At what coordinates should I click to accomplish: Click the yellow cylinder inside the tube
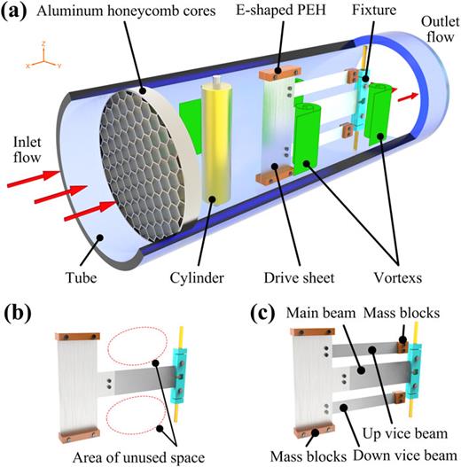(x=215, y=142)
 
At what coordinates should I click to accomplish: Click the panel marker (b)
(x=19, y=314)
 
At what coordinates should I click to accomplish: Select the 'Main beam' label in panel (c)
(x=324, y=312)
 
